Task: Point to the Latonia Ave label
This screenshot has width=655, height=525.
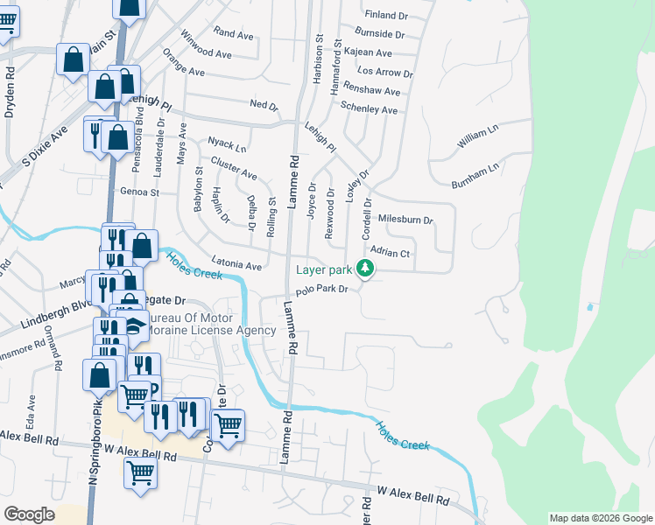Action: click(236, 264)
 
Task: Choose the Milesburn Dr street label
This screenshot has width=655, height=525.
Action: click(405, 220)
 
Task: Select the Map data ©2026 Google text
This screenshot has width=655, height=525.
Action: click(600, 518)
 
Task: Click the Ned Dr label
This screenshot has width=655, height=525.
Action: click(264, 105)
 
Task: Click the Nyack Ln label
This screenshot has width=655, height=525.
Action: click(226, 143)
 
